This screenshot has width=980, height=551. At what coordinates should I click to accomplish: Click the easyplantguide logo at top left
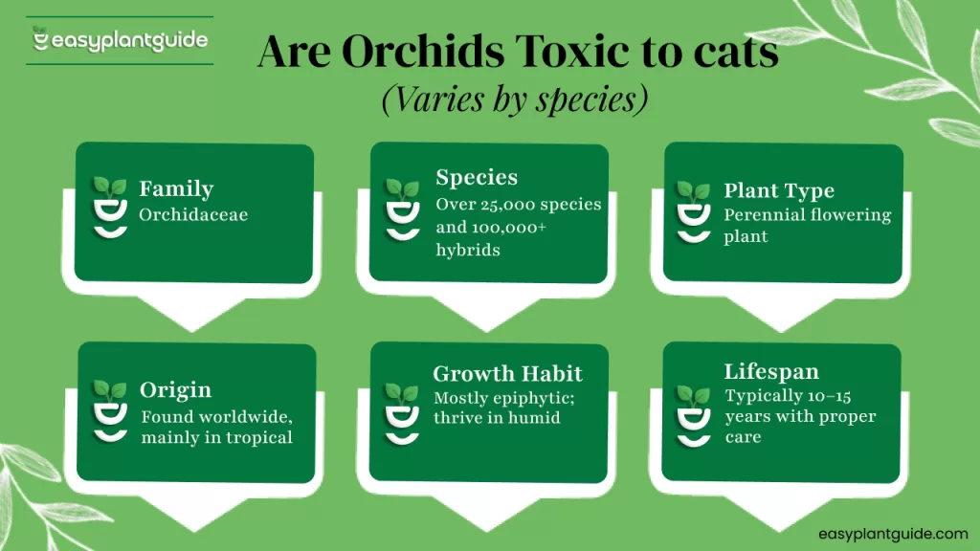(x=120, y=40)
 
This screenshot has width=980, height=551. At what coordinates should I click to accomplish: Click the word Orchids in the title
(x=423, y=51)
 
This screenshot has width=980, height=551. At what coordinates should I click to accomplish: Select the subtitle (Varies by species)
(x=515, y=99)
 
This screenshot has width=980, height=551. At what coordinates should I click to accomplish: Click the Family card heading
(x=176, y=188)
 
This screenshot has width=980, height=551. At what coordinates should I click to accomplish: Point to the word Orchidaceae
(x=193, y=215)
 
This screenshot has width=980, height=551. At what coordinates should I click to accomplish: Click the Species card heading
(x=477, y=177)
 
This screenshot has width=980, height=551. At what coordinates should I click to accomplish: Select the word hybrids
(x=468, y=250)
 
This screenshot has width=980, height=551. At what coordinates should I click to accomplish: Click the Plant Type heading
(x=779, y=190)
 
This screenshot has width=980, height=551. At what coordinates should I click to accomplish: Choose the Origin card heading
(x=176, y=390)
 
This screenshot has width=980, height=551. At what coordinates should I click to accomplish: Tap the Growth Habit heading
(x=507, y=374)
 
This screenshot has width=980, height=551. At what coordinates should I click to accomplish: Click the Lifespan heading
(x=771, y=372)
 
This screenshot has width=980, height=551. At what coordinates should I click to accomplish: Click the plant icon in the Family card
(x=110, y=208)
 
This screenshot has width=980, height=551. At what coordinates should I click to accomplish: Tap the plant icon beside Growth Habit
(x=402, y=414)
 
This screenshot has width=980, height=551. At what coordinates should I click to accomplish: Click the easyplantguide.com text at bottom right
(x=893, y=534)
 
